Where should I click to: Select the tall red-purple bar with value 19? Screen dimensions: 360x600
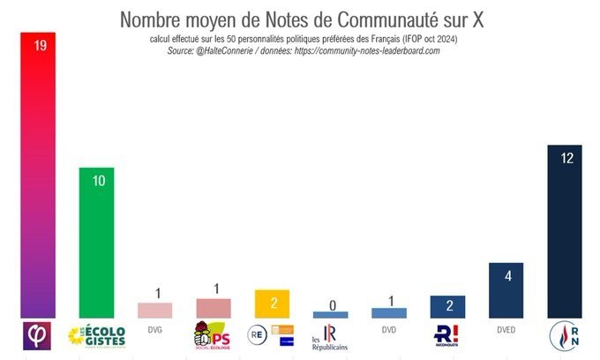point(39,176)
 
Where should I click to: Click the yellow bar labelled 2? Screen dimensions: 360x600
point(272,304)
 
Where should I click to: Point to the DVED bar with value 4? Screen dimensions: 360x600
point(506,290)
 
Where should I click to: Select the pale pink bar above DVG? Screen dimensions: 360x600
point(155,310)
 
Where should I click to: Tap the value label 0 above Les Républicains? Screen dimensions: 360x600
point(330,305)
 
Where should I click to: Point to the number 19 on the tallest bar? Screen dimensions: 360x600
point(40,46)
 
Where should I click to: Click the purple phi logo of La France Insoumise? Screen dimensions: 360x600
point(39,335)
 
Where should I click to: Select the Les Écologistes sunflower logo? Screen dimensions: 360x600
point(97,335)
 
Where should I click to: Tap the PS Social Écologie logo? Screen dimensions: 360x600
point(212,335)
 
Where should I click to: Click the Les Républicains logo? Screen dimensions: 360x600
point(330,337)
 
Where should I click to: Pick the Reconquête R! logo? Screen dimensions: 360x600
point(447,335)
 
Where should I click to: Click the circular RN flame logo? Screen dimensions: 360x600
point(564,335)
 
